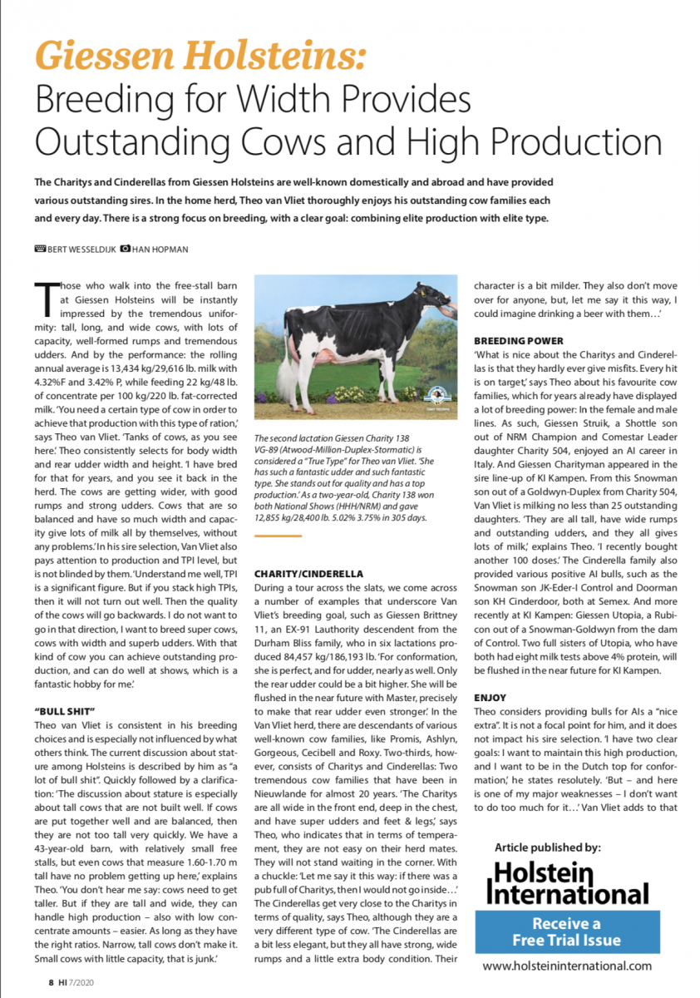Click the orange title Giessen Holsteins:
[x=200, y=55]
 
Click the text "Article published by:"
[x=547, y=847]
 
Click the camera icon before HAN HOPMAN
[x=124, y=248]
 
